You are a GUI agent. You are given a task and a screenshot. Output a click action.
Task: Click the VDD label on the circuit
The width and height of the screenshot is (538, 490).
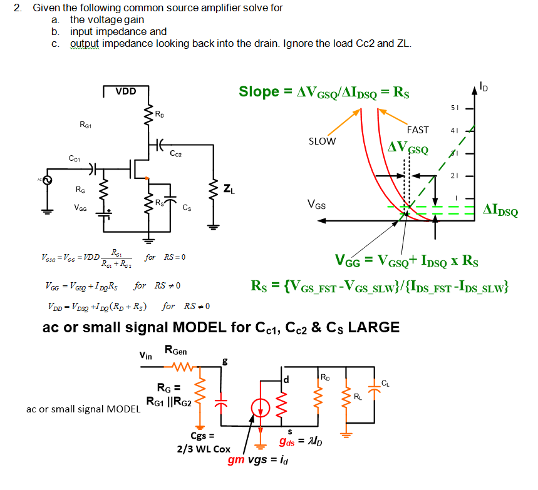pyautogui.click(x=125, y=91)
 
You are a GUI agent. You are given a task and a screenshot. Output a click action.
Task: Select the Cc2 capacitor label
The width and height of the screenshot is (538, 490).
pyautogui.click(x=175, y=153)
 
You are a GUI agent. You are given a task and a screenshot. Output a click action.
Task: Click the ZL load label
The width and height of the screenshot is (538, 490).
pyautogui.click(x=230, y=186)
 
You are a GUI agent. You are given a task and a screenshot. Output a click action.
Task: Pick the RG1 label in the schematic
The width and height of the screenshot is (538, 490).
pyautogui.click(x=86, y=125)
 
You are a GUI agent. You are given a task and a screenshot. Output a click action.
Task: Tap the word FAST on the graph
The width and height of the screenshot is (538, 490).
pyautogui.click(x=418, y=130)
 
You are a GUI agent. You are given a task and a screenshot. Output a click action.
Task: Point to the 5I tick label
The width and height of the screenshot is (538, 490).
pyautogui.click(x=455, y=108)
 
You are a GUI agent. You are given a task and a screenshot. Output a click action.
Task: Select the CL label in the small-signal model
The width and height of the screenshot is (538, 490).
pyautogui.click(x=386, y=382)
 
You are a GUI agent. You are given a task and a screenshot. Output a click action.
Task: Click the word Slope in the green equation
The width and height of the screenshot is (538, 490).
pyautogui.click(x=259, y=92)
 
